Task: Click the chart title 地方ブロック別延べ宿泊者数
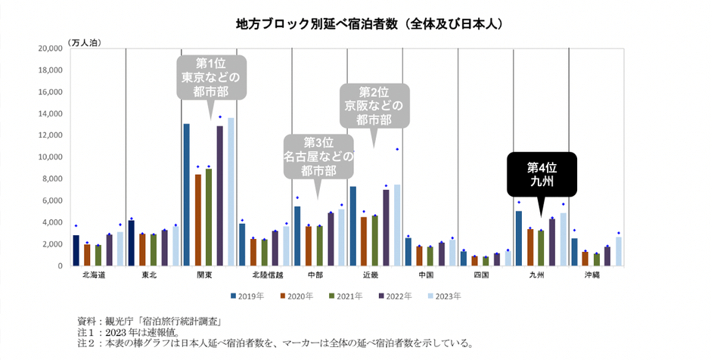point(370,24)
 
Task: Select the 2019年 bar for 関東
point(187,194)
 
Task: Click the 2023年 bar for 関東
point(231,192)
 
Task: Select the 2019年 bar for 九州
point(518,238)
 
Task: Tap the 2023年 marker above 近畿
point(397,150)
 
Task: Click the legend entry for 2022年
point(398,296)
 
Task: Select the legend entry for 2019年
point(246,296)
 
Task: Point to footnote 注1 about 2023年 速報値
point(135,331)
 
